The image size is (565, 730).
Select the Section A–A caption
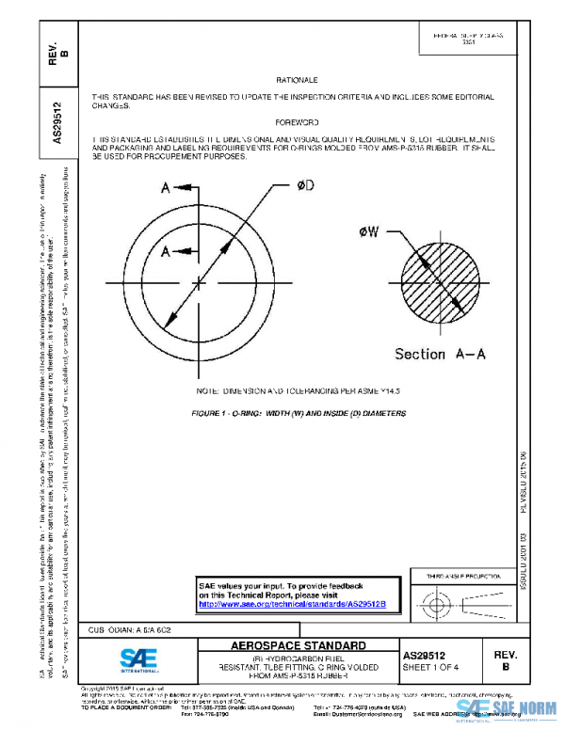tap(440, 354)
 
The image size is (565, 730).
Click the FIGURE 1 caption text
tap(298, 413)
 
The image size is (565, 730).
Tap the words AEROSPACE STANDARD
tap(298, 646)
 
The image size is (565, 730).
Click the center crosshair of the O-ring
tap(198, 281)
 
